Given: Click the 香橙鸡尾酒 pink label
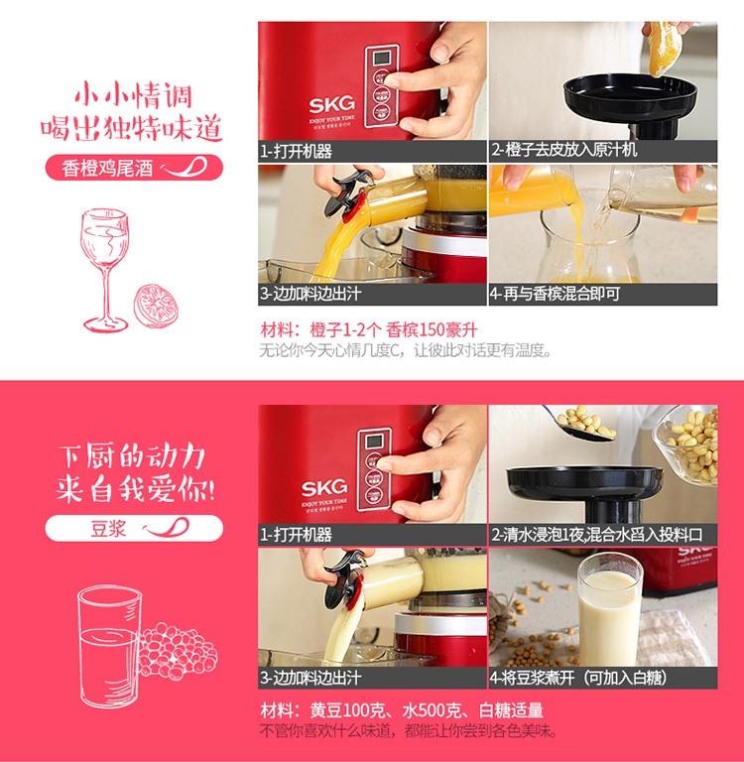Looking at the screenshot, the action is [x=134, y=168].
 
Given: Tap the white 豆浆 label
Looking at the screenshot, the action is [x=134, y=528].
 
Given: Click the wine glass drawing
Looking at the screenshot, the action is [x=105, y=270].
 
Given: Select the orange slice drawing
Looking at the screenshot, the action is [x=156, y=306].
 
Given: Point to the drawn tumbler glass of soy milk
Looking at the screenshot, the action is [x=109, y=646].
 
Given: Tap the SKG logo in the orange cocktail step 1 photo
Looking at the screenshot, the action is [x=332, y=104].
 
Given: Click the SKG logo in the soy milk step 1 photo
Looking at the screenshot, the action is [x=324, y=487].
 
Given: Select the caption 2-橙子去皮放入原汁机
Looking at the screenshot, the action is [x=563, y=150].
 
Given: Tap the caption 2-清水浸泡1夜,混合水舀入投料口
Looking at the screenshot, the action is [x=597, y=535].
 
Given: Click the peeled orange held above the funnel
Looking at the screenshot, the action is [x=662, y=48].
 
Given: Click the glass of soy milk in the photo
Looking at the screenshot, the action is [x=609, y=609].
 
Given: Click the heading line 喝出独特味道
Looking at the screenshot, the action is [x=132, y=128].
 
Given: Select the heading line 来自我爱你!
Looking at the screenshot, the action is [x=136, y=489].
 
